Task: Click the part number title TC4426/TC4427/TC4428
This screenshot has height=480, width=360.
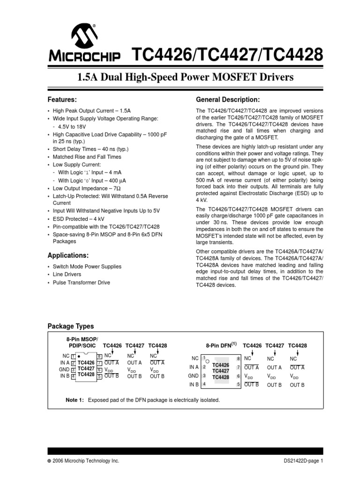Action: tap(229, 56)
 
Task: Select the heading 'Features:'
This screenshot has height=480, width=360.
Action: tap(62, 100)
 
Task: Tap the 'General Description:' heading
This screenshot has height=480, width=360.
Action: tap(227, 100)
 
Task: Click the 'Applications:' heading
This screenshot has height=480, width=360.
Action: tap(68, 255)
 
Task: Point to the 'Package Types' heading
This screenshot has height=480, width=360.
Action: tap(71, 326)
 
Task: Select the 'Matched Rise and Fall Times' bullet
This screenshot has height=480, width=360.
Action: tap(87, 157)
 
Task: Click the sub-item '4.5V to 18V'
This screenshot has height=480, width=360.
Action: tap(73, 127)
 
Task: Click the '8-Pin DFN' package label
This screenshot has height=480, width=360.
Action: tap(220, 345)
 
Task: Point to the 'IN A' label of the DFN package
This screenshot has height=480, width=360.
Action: tap(194, 367)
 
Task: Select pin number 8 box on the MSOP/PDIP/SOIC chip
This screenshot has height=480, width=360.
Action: tap(99, 357)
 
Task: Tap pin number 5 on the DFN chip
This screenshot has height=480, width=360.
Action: tap(238, 384)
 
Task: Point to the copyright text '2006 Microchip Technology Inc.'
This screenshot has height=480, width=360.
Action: tap(86, 461)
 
